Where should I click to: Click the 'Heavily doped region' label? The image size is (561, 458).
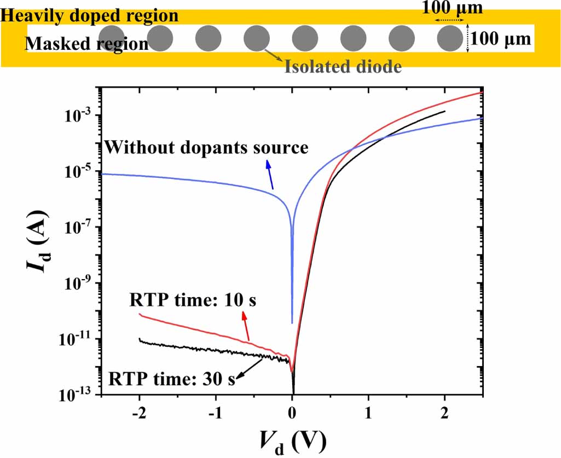pyautogui.click(x=90, y=15)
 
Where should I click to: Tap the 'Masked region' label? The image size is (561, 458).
pyautogui.click(x=87, y=43)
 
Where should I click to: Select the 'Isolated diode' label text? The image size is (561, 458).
pyautogui.click(x=343, y=67)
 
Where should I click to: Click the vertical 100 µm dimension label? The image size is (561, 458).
pyautogui.click(x=501, y=39)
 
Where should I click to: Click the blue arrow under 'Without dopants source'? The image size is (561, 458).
pyautogui.click(x=270, y=174)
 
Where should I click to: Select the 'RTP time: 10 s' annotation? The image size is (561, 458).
pyautogui.click(x=193, y=300)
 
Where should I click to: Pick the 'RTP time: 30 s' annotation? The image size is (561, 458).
pyautogui.click(x=172, y=378)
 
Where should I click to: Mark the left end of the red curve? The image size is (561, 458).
pyautogui.click(x=140, y=314)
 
